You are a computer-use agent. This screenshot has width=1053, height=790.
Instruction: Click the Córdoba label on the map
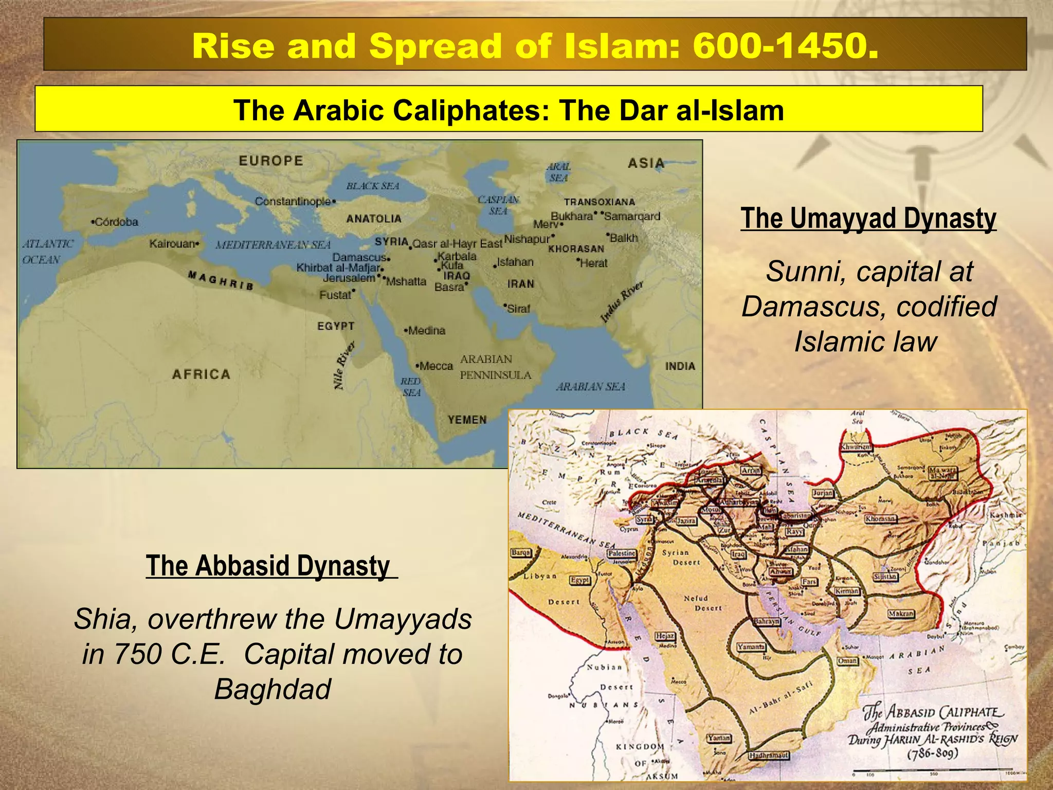115,222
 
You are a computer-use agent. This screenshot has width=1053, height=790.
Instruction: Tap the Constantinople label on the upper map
294,202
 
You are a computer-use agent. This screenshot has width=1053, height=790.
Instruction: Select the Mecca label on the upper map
435,366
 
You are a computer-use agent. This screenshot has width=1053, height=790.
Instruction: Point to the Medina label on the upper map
426,331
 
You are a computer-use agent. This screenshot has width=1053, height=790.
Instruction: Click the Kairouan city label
173,244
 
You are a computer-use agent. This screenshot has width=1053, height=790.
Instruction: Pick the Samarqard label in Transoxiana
632,217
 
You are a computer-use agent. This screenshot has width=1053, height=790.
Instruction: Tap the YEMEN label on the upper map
467,420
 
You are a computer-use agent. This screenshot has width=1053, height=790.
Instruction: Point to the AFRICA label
201,374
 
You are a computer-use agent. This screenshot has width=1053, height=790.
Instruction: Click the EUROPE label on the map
271,161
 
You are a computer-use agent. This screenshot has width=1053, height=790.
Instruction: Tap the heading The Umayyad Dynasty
868,218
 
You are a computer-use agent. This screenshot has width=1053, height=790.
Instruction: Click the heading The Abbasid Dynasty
268,566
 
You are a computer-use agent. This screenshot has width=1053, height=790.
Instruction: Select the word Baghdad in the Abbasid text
273,689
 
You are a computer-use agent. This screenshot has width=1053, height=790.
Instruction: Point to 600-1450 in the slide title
786,46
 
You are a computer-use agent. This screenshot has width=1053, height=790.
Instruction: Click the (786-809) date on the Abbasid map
932,754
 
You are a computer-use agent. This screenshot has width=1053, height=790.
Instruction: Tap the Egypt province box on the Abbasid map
580,580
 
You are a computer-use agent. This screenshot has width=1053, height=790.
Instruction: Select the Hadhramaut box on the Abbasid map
769,756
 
